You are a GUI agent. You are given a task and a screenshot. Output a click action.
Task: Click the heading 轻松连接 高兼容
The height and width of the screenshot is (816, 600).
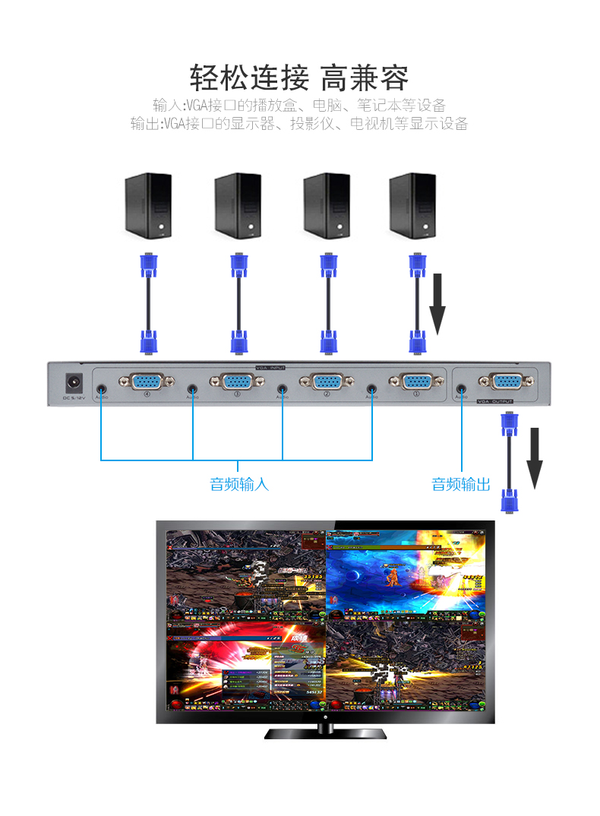(x=299, y=77)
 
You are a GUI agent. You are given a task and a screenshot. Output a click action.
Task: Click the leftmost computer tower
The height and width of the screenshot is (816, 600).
(x=148, y=205)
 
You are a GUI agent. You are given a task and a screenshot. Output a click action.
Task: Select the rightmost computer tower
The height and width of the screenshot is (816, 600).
(x=412, y=205)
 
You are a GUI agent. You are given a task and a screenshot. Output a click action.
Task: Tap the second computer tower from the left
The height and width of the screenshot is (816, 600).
(x=238, y=205)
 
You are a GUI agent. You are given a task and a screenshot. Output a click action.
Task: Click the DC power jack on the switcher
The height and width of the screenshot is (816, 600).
(x=74, y=382)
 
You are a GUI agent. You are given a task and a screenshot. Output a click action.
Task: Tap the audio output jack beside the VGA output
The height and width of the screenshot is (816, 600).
(x=461, y=388)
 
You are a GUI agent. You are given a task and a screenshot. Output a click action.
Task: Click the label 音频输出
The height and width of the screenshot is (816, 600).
(x=461, y=484)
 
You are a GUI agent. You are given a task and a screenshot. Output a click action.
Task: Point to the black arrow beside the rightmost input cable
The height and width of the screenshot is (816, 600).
(x=437, y=304)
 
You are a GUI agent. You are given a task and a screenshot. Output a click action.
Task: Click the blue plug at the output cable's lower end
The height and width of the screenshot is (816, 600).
(x=509, y=501)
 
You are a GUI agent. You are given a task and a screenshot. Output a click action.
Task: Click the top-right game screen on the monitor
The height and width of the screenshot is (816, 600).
(x=405, y=575)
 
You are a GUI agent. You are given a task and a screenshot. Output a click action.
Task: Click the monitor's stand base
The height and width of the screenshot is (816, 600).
(x=325, y=734)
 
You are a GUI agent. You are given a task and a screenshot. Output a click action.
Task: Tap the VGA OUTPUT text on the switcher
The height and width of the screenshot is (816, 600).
(x=494, y=401)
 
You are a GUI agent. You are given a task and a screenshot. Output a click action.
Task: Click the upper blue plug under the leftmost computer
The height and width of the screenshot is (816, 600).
(x=148, y=266)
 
